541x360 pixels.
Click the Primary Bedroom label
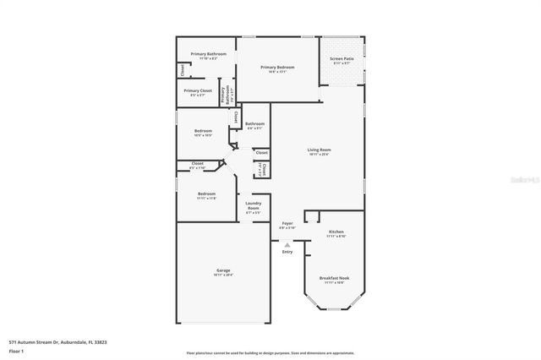click(x=277, y=67)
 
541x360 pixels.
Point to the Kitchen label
click(x=336, y=232)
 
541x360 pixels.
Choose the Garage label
click(x=222, y=270)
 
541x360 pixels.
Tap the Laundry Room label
click(x=254, y=205)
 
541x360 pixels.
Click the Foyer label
click(x=287, y=223)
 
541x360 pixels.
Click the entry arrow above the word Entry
click(x=287, y=245)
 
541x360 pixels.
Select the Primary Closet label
click(x=197, y=90)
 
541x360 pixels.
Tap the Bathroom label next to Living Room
click(x=254, y=124)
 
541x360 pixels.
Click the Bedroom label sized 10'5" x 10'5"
click(x=203, y=131)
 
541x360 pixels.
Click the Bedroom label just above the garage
click(x=206, y=194)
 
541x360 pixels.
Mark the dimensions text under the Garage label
click(x=222, y=275)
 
